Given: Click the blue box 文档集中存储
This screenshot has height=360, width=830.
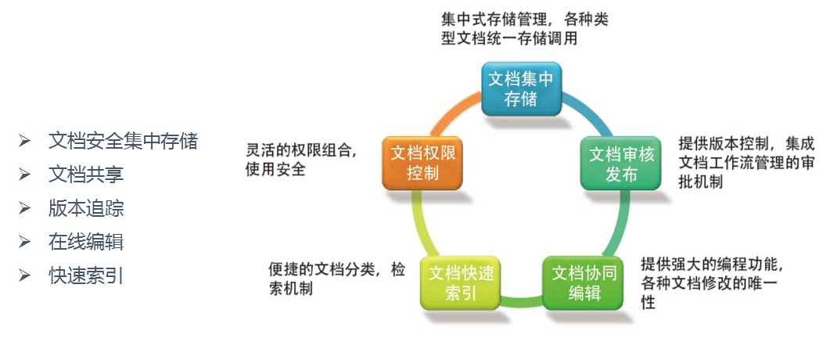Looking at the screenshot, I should pyautogui.click(x=520, y=88).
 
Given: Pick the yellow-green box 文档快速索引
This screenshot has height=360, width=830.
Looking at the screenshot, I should pyautogui.click(x=460, y=283).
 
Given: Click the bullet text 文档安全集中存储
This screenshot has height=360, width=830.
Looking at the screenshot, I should pyautogui.click(x=123, y=141).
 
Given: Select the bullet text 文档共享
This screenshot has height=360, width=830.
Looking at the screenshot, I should pyautogui.click(x=86, y=175).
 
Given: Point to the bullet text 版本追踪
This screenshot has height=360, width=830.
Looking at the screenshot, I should pyautogui.click(x=86, y=208).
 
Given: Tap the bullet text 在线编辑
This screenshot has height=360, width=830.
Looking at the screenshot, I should pyautogui.click(x=86, y=242).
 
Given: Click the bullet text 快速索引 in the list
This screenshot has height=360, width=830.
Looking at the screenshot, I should pyautogui.click(x=86, y=275).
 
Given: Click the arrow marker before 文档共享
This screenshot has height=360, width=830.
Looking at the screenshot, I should pyautogui.click(x=26, y=175).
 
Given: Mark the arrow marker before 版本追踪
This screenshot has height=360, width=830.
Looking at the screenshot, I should pyautogui.click(x=26, y=208).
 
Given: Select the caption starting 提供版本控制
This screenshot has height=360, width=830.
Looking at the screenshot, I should pyautogui.click(x=735, y=163).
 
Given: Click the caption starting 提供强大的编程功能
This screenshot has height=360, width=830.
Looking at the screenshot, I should pyautogui.click(x=709, y=283).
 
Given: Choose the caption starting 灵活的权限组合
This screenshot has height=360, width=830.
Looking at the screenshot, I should pyautogui.click(x=301, y=159).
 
